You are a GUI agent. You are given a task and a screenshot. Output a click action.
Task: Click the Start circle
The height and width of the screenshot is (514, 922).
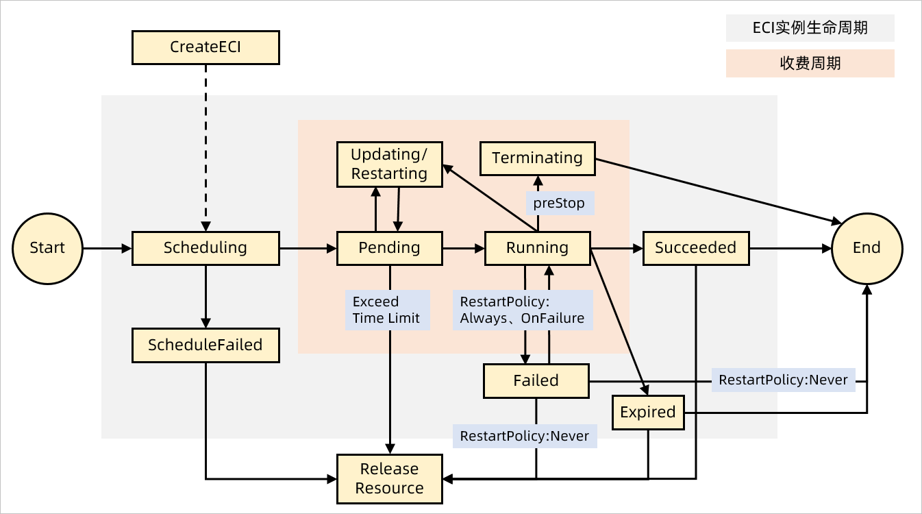pyautogui.click(x=47, y=248)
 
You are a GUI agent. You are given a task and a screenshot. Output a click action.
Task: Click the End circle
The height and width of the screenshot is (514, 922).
pyautogui.click(x=867, y=248)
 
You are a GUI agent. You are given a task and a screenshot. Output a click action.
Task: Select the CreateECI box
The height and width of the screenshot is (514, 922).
pyautogui.click(x=205, y=47)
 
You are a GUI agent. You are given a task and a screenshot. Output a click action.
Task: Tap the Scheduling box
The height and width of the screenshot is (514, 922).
pyautogui.click(x=205, y=248)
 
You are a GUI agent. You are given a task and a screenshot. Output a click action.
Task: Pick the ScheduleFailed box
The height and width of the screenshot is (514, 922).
pyautogui.click(x=205, y=345)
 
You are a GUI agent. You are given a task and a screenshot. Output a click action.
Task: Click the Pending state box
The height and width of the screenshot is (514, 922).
pyautogui.click(x=389, y=248)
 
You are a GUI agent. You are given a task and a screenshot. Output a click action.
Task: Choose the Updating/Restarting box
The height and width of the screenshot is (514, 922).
pyautogui.click(x=389, y=164)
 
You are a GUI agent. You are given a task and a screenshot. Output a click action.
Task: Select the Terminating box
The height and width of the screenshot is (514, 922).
pyautogui.click(x=537, y=158)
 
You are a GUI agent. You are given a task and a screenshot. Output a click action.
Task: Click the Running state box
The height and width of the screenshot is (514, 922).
pyautogui.click(x=537, y=248)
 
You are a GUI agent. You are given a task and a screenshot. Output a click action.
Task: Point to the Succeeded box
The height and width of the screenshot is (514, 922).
pyautogui.click(x=695, y=248)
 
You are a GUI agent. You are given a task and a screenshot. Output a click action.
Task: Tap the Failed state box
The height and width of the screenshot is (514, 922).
pyautogui.click(x=536, y=381)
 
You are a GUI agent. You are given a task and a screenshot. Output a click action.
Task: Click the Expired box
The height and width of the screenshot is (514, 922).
pyautogui.click(x=647, y=413)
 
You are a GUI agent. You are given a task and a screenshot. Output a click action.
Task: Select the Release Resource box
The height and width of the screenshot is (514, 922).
pyautogui.click(x=389, y=479)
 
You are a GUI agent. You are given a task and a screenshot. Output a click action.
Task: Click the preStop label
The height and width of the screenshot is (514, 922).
pyautogui.click(x=559, y=204)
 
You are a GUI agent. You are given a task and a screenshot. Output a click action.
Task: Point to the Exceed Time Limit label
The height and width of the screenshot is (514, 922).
pyautogui.click(x=387, y=310)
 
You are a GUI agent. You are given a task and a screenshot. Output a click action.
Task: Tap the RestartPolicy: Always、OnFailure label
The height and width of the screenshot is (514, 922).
pyautogui.click(x=522, y=310)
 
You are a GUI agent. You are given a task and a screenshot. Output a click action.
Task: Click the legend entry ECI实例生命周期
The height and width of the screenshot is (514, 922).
pyautogui.click(x=810, y=28)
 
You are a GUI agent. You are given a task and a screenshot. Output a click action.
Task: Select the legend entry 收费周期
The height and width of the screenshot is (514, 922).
pyautogui.click(x=810, y=64)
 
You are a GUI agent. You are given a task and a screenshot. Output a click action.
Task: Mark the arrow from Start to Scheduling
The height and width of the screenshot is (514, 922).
pyautogui.click(x=107, y=248)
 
